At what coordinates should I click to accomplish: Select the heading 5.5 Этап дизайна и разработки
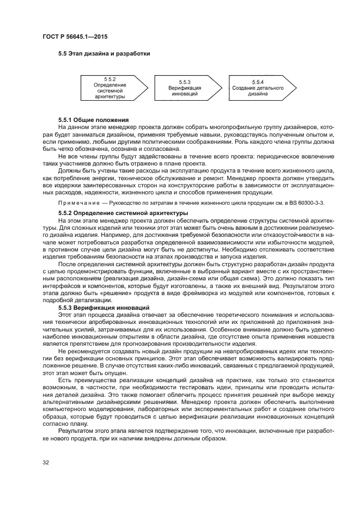click(x=104, y=53)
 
